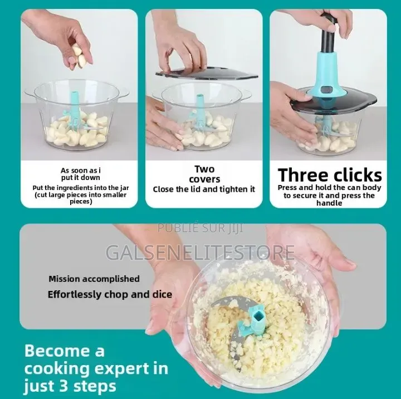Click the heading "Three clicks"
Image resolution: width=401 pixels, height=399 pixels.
tap(330, 176)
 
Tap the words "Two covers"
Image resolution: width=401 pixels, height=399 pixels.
tap(204, 174)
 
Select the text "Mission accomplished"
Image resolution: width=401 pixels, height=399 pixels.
tap(94, 279)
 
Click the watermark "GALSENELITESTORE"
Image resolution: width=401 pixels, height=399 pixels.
tap(200, 252)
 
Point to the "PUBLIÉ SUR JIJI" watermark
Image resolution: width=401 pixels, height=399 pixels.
tap(200, 228)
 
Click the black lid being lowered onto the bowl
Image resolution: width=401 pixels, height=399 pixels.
tap(207, 73)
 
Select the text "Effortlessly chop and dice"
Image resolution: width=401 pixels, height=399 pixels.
tap(110, 294)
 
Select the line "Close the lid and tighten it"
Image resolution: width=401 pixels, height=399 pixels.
tap(204, 189)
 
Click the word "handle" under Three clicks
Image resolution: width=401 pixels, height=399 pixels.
tap(329, 203)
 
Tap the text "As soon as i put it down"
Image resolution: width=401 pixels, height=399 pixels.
tap(81, 174)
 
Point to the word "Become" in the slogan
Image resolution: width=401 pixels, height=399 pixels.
tap(57, 351)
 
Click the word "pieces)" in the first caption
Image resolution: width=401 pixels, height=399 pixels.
tap(81, 202)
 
